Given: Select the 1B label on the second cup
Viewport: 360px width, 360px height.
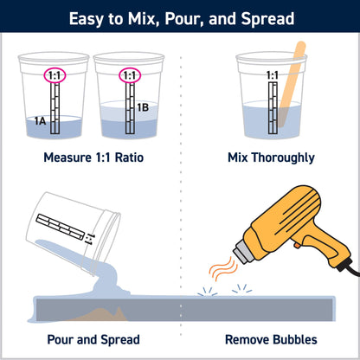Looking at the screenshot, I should click(x=142, y=107).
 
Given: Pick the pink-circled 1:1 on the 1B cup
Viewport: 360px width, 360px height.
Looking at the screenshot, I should click(x=130, y=75).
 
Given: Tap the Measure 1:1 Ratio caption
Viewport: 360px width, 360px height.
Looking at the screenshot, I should click(x=93, y=158).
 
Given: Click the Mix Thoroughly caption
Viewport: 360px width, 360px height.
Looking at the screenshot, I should click(x=270, y=158).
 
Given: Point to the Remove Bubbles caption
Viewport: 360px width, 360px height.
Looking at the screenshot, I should click(x=270, y=340).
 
